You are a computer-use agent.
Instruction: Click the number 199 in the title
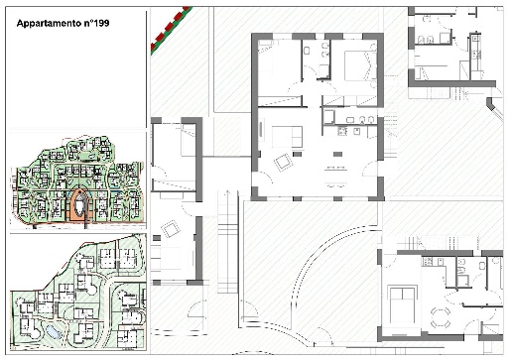pyautogui.click(x=101, y=23)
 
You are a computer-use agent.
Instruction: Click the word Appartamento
pyautogui.click(x=49, y=24)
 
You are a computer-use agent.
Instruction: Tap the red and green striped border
pyautogui.click(x=170, y=29)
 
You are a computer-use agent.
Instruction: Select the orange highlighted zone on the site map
pyautogui.click(x=79, y=205)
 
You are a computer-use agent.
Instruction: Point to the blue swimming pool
pyautogui.click(x=53, y=331)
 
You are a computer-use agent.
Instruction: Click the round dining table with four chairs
pyautogui.click(x=441, y=316)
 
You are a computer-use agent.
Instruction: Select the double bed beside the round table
pyautogui.click(x=402, y=305)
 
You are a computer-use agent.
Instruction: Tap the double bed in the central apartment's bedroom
pyautogui.click(x=360, y=65)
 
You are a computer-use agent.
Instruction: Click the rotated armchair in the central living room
pyautogui.click(x=283, y=163)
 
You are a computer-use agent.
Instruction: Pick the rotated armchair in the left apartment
pyautogui.click(x=171, y=229)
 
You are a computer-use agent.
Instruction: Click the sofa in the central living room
pyautogui.click(x=287, y=137)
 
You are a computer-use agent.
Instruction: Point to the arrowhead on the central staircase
pyautogui.click(x=227, y=191)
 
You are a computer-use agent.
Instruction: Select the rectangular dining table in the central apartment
pyautogui.click(x=335, y=178)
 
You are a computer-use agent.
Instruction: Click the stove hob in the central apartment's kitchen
pyautogui.click(x=342, y=131)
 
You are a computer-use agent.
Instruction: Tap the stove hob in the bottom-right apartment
pyautogui.click(x=427, y=262)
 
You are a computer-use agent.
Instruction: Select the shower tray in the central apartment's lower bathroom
pyautogui.click(x=329, y=117)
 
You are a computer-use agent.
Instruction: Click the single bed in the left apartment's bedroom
pyautogui.click(x=189, y=140)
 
